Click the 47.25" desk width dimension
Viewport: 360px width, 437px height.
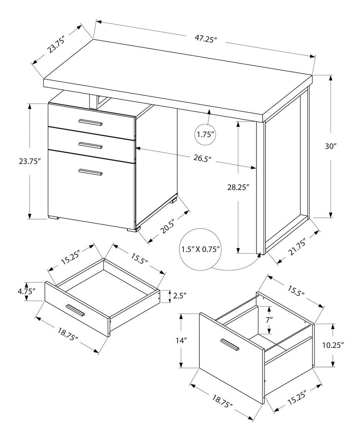tap(206, 39)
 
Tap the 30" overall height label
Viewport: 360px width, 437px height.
tap(330, 146)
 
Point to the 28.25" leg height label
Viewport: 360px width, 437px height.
tap(238, 187)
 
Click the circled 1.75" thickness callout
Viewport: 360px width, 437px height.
tap(205, 134)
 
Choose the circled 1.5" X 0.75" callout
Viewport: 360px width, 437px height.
tap(201, 249)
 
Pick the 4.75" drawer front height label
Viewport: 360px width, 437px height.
tap(26, 291)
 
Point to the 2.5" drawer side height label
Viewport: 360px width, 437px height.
tap(179, 296)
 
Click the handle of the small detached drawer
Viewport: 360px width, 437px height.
tap(75, 310)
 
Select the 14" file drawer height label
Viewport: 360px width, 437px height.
tap(180, 340)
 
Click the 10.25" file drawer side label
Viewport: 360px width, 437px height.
tap(333, 345)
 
